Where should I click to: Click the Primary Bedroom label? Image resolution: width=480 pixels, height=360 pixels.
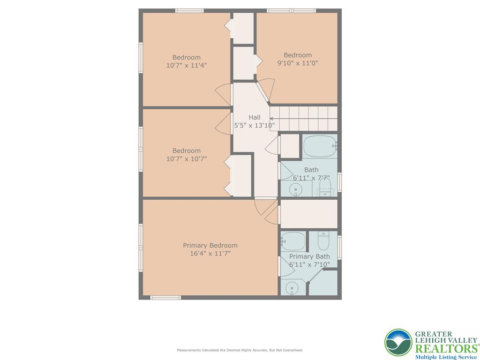210,245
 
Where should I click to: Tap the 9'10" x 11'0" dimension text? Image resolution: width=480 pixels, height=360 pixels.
298,63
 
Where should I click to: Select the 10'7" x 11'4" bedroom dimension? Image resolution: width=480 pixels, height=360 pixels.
186,66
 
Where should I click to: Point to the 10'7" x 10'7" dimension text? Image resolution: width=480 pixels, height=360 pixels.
186,159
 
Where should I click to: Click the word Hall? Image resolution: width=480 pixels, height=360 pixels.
254,117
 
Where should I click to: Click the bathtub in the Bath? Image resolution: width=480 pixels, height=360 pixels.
320,146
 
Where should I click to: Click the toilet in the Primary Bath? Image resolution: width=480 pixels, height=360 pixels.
324,241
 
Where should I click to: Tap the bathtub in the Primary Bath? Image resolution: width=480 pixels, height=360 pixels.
293,241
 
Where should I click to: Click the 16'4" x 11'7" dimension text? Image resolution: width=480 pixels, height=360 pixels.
210,254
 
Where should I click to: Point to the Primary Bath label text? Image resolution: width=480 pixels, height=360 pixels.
309,256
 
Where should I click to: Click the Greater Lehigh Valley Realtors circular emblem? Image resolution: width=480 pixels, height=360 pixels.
398,342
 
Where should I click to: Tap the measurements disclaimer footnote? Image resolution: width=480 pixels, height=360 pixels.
240,350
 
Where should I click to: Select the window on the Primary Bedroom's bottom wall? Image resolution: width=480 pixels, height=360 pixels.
165,297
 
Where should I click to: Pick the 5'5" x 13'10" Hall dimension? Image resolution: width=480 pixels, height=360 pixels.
254,125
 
